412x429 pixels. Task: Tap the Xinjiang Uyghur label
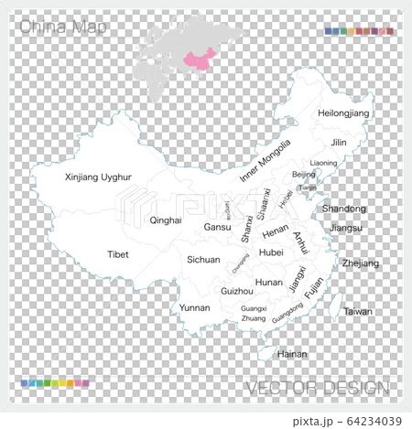tap(100, 177)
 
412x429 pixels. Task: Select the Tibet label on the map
tap(118, 254)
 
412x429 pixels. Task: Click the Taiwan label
tap(358, 311)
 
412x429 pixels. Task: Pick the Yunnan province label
tap(194, 307)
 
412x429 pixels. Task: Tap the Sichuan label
tap(203, 260)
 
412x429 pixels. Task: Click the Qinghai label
tap(166, 220)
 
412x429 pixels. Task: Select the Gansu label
tap(217, 227)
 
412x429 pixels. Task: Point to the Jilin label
tap(339, 143)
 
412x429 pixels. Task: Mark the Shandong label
tap(343, 209)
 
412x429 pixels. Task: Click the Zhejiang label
tap(360, 263)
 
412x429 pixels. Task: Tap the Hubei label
tap(272, 252)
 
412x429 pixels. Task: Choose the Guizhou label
tap(236, 290)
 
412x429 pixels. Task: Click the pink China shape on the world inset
tap(201, 60)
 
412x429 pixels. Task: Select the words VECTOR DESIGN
tap(317, 388)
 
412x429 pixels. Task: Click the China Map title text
tap(62, 28)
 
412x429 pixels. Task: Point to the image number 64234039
tap(363, 420)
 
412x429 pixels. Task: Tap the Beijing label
tap(303, 174)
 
